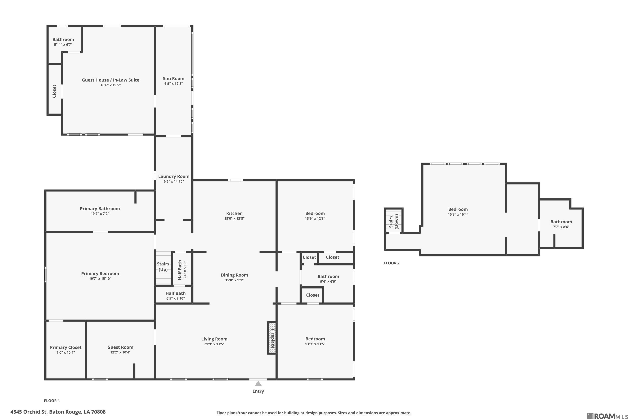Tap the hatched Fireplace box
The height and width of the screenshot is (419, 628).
click(272, 338)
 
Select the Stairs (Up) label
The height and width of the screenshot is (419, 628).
click(163, 267)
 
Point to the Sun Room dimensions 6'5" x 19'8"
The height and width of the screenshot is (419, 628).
click(174, 84)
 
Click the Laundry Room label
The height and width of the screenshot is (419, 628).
click(174, 176)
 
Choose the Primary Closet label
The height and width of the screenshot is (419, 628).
click(66, 347)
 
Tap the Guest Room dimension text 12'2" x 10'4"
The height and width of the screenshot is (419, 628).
click(120, 352)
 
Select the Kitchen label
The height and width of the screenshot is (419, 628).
click(234, 213)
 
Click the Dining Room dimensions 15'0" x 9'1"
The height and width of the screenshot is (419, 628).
click(234, 280)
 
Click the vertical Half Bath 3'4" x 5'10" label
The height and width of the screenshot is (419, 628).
click(182, 270)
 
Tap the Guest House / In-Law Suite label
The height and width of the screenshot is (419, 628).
click(111, 80)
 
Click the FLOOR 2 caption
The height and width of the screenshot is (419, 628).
click(391, 263)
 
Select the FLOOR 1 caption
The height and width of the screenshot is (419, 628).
click(52, 401)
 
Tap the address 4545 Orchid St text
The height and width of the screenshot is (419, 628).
click(58, 412)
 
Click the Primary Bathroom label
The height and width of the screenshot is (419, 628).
click(100, 208)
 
